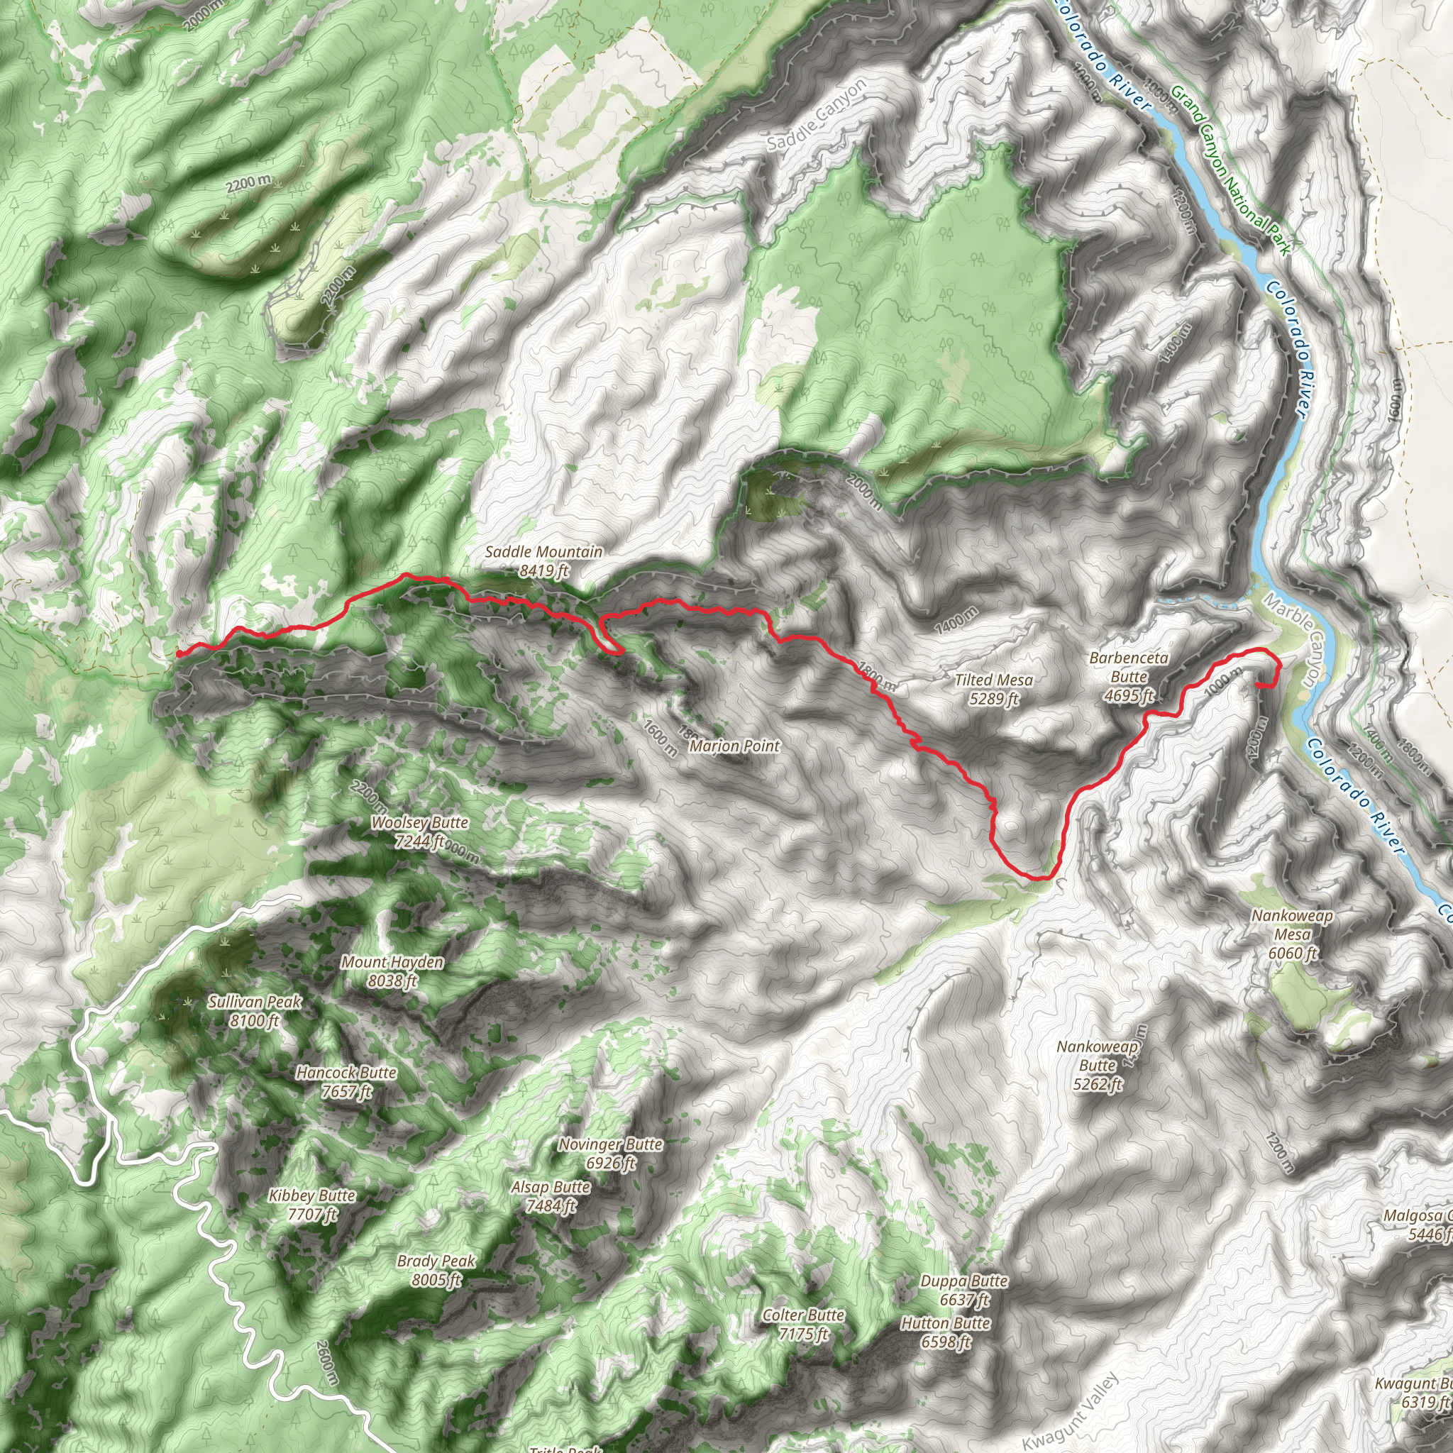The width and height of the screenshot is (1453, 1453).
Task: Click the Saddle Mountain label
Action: (543, 561)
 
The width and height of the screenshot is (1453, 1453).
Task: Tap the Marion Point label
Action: (734, 746)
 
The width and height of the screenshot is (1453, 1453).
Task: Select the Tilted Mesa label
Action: (993, 689)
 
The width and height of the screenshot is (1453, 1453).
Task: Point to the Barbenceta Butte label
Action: (1128, 676)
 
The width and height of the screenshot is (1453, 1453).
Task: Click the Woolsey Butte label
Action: (420, 832)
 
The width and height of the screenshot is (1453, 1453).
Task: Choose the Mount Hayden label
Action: (392, 971)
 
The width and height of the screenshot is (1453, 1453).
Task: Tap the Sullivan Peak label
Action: (255, 1011)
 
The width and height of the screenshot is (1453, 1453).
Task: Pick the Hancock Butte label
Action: (346, 1081)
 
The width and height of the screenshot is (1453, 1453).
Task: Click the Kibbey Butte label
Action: (312, 1204)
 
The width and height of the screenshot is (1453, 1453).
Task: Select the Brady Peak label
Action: (436, 1270)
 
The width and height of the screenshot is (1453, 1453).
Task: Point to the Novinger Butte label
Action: (610, 1154)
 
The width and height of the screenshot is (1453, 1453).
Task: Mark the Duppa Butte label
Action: (963, 1290)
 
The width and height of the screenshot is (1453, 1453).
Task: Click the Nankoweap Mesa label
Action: (1292, 934)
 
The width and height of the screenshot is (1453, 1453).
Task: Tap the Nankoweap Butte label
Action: (1098, 1065)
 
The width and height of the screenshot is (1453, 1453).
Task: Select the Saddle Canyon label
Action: (817, 113)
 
